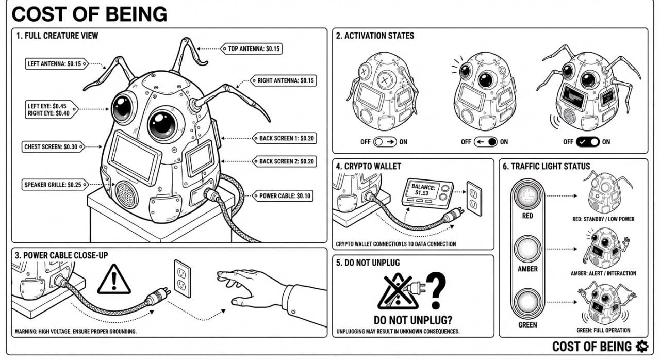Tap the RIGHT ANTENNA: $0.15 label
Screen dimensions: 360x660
coord(284,81)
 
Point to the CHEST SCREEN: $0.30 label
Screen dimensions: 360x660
coord(51,146)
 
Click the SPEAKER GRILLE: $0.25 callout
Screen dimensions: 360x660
coord(53,184)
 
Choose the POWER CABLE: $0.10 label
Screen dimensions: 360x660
coord(283,196)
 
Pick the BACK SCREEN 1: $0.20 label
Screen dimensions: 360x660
coord(284,138)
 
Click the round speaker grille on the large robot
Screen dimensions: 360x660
coord(126,194)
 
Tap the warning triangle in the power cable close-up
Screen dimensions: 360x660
coord(113,280)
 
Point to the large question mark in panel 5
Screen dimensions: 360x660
coord(435,291)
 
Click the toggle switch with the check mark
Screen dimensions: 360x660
coord(587,142)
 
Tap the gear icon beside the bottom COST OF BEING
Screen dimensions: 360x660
coord(642,346)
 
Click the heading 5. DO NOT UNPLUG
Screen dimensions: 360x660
coord(368,263)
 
